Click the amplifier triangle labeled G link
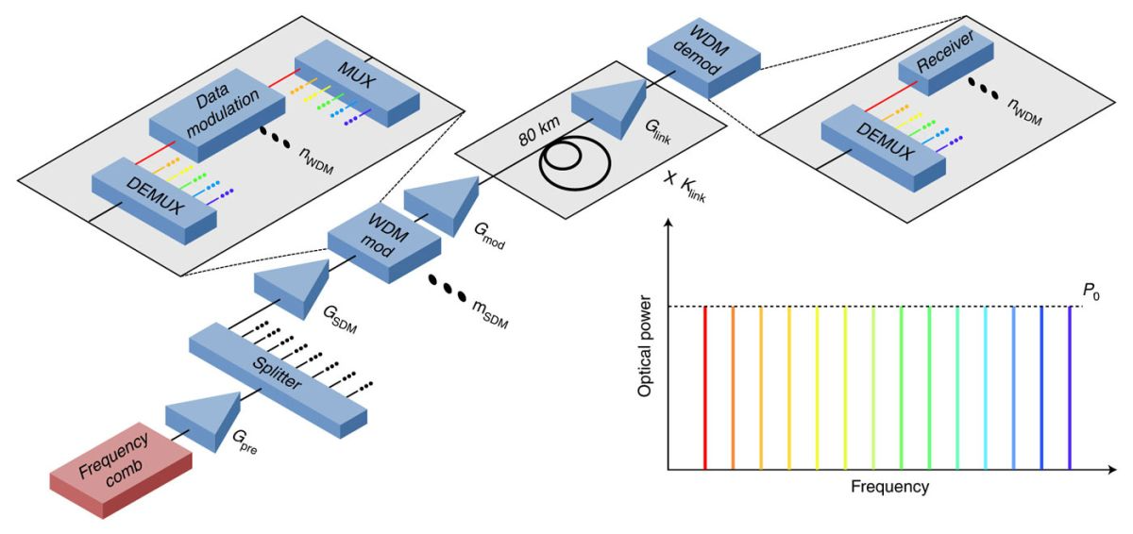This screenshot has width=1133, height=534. point(609,103)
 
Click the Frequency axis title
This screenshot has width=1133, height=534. point(889,488)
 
